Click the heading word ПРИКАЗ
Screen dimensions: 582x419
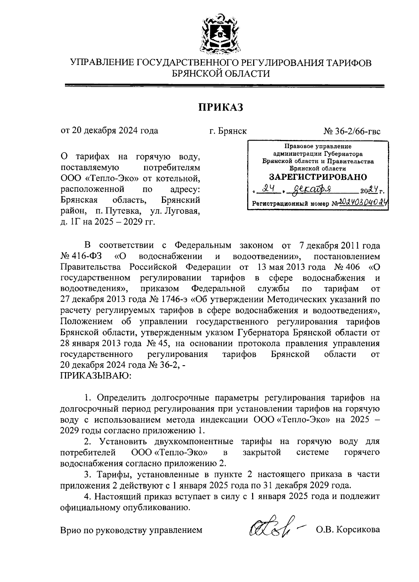(x=221, y=107)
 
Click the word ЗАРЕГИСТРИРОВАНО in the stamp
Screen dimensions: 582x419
(x=318, y=177)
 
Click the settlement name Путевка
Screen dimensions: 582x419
(x=126, y=211)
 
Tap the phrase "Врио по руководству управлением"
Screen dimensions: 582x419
(x=131, y=530)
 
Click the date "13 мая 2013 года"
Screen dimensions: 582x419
(x=289, y=267)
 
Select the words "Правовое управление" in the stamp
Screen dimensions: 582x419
(x=317, y=147)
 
